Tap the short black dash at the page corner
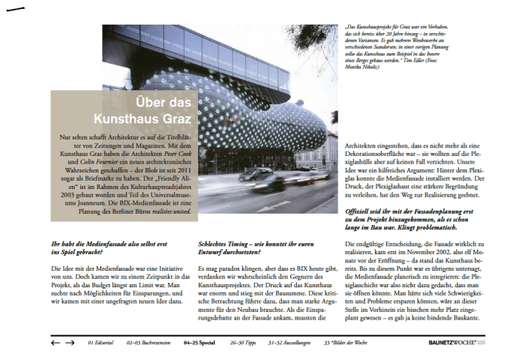tap(14, 10)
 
